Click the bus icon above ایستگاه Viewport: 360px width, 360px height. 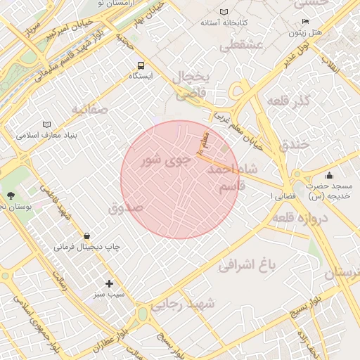coord(141,64)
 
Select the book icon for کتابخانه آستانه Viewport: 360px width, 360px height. coord(224,12)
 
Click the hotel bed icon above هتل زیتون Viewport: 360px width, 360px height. coord(304,22)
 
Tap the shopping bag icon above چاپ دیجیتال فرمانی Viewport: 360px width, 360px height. coord(86,236)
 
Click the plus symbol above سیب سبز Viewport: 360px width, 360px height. coord(109,283)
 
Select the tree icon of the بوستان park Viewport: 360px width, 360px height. coord(10,195)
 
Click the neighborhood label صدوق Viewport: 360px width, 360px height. coord(126,208)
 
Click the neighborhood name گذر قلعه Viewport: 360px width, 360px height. coord(288,101)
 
